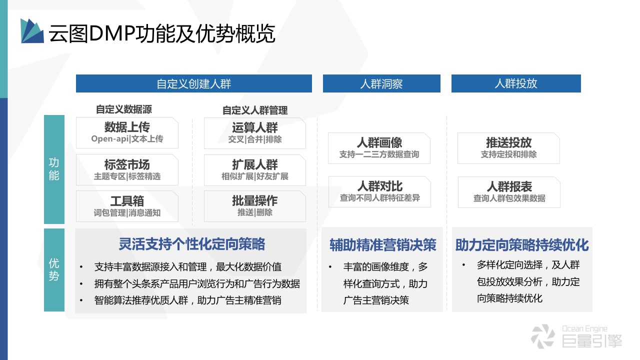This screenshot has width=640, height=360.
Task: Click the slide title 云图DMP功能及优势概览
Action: point(161,34)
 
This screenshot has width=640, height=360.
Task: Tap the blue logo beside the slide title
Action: point(32,31)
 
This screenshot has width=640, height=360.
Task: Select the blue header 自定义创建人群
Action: point(193,83)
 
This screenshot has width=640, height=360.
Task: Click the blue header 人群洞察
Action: point(381,83)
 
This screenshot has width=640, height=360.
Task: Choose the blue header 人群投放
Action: point(516,83)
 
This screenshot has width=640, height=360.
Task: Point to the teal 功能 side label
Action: point(54,169)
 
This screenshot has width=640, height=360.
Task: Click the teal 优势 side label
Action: point(54,269)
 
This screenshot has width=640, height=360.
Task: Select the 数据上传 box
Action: point(127,132)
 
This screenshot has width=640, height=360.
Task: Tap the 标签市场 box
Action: point(127,170)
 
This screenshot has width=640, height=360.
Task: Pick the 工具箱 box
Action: point(127,206)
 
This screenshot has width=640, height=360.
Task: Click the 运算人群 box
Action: point(255,133)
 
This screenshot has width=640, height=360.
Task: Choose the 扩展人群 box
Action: point(255,170)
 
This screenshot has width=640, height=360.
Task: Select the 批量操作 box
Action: point(255,206)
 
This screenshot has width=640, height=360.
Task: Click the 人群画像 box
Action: point(379,148)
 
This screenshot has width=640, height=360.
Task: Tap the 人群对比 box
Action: point(379,191)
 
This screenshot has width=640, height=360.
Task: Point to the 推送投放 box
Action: point(508,148)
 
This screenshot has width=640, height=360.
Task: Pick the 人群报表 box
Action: point(509,192)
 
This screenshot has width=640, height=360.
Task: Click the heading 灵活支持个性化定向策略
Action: point(191,244)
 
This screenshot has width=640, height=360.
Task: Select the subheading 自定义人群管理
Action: point(255,110)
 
